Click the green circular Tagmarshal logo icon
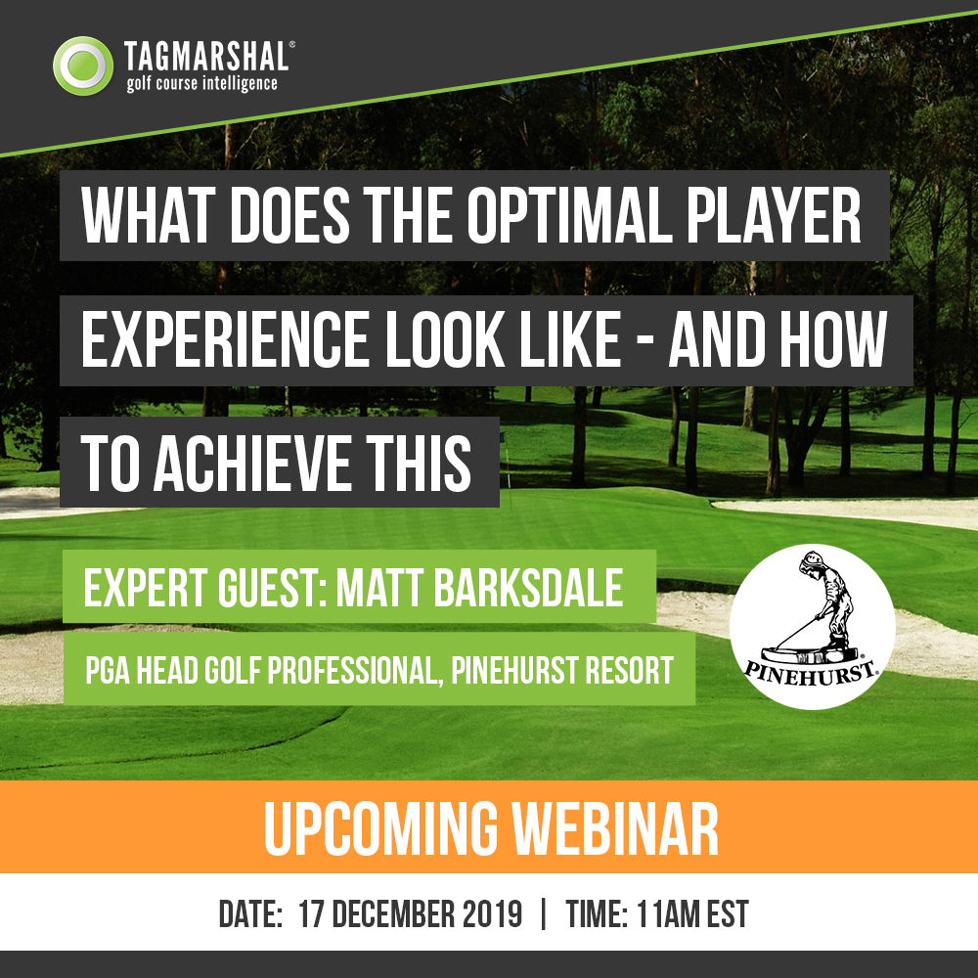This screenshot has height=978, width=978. tap(83, 66)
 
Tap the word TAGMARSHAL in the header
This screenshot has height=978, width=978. tap(206, 56)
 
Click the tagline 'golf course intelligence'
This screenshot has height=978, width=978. tap(201, 83)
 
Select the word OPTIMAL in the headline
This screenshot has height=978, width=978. tap(569, 215)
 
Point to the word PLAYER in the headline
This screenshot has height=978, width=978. tap(774, 215)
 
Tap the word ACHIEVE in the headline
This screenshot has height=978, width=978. tap(252, 463)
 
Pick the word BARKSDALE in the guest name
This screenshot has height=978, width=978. tap(528, 587)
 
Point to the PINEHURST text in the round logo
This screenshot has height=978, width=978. tap(812, 673)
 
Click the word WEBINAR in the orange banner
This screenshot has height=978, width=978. tap(615, 829)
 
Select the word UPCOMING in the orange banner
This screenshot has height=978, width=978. tap(380, 829)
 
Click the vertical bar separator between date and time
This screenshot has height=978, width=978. tap(544, 914)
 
